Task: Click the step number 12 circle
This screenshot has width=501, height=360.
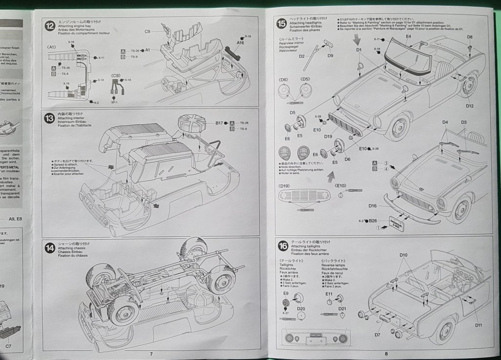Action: point(49,26)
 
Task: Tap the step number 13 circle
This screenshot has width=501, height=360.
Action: point(49,118)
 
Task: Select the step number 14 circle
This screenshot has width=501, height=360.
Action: point(49,248)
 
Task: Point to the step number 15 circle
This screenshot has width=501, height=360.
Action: point(282,22)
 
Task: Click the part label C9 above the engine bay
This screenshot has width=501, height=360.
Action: point(147,31)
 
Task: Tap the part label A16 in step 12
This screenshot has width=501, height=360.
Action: point(240,43)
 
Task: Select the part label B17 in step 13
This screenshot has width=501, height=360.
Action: point(219,123)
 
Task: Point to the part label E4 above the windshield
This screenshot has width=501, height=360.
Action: point(408,37)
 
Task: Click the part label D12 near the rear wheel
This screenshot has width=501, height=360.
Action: point(470,106)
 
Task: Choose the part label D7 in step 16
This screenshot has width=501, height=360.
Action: point(377,335)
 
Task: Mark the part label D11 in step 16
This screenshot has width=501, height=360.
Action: point(478,325)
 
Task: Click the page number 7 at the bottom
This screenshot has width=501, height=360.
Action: point(151,354)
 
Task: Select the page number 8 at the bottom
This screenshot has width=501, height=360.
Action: point(386,354)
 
